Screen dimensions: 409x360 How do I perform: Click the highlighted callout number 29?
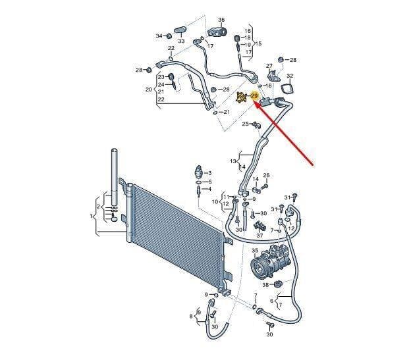tap(254, 97)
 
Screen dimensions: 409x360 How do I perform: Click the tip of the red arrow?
tap(254, 103)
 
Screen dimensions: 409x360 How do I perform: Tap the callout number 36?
tap(221, 20)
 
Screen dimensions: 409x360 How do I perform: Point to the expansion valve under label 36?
tap(217, 32)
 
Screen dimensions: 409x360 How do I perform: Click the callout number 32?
tap(290, 76)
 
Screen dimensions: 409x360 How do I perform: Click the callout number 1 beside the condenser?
tap(91, 216)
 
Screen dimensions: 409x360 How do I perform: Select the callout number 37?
tap(259, 236)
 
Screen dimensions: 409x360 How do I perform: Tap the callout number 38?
tap(265, 285)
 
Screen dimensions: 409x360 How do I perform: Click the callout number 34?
tap(159, 36)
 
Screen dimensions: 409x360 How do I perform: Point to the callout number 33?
tap(181, 41)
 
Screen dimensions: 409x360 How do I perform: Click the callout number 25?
tap(246, 124)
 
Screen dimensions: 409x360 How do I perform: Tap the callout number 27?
tap(269, 66)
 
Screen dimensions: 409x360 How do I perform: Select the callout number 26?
tap(266, 176)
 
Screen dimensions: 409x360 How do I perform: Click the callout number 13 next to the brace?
tap(233, 161)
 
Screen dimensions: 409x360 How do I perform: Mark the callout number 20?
tap(149, 90)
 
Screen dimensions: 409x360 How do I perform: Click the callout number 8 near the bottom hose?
tap(191, 316)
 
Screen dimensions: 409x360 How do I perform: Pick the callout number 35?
tap(255, 251)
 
